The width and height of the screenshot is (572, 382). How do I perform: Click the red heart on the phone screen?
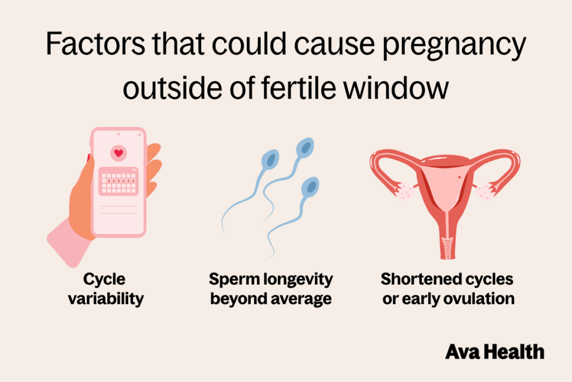[x=118, y=152]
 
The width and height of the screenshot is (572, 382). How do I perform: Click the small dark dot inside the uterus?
[x=459, y=178]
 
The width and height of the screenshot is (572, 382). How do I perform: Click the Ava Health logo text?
[x=494, y=352]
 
